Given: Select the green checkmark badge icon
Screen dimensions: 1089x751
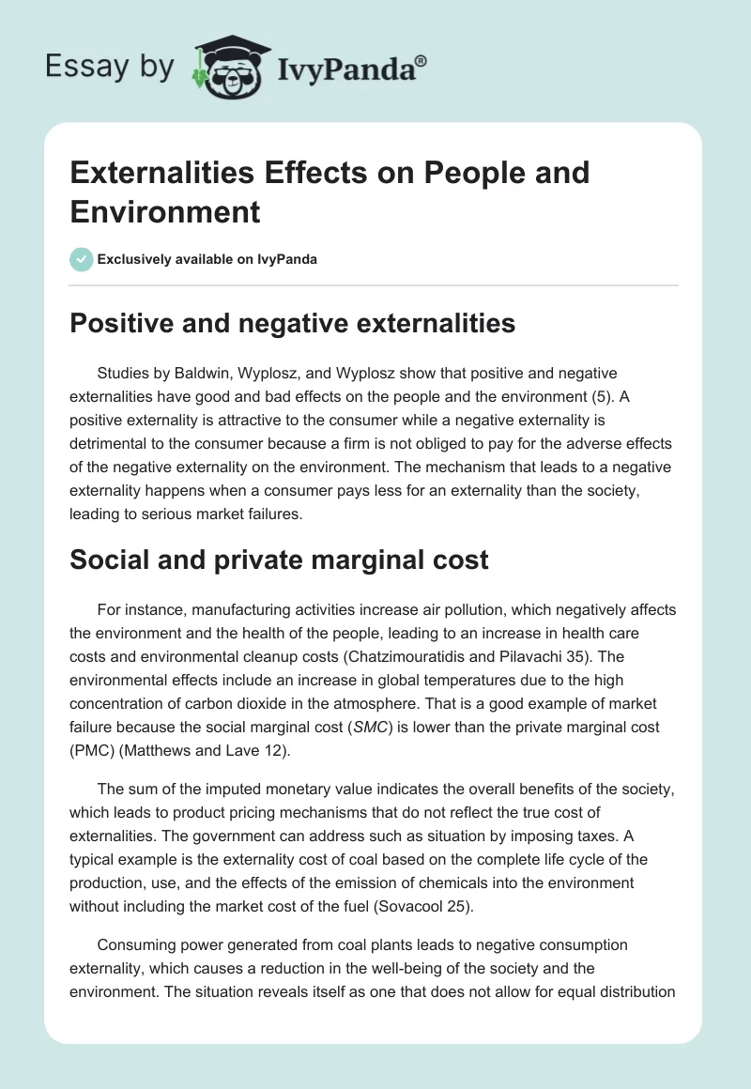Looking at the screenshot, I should click(x=82, y=259).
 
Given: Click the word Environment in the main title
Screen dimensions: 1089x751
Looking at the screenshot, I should click(x=165, y=212).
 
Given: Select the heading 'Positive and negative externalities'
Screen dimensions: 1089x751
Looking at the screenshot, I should click(x=293, y=324).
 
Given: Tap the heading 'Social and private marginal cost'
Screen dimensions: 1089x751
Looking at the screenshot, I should click(x=280, y=560).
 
